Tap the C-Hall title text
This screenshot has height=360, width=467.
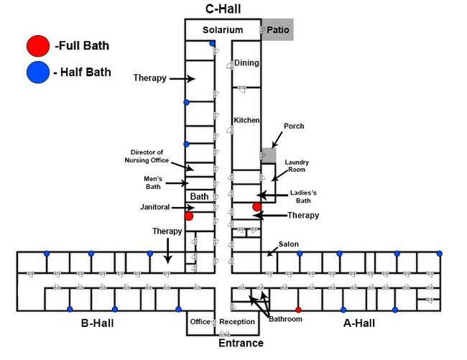[x=223, y=9]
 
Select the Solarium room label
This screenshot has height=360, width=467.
[x=223, y=30]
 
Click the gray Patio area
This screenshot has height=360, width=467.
[x=277, y=30]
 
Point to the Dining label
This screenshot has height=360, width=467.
[x=246, y=63]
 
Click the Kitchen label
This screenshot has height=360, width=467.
[x=246, y=120]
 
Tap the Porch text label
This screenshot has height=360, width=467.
[x=295, y=126]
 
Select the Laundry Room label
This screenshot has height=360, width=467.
[x=297, y=166]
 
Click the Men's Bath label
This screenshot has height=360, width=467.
[x=153, y=182]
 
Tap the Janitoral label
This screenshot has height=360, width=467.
[x=155, y=207]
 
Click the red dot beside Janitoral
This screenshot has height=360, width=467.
[x=188, y=216]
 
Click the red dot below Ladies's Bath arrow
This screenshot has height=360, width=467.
[x=256, y=207]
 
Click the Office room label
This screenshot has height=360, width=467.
[x=200, y=321]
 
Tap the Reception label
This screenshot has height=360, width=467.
[x=237, y=321]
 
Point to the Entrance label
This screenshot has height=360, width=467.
[x=241, y=343]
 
